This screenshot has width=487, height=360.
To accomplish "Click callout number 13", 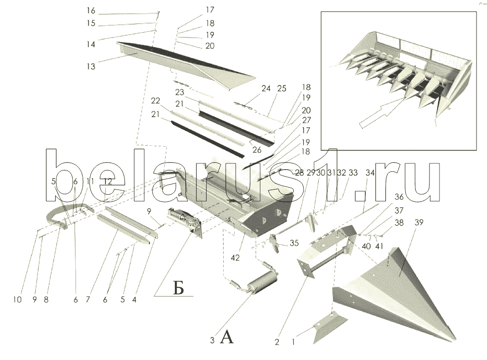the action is click(91, 66).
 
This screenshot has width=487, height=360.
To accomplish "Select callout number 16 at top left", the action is click(91, 11).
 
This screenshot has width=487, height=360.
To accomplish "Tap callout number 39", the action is click(419, 223).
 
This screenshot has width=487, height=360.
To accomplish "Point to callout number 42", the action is click(235, 257).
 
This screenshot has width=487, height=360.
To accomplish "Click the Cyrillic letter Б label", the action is click(178, 289).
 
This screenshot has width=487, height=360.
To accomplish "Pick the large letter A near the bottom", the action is click(227, 337).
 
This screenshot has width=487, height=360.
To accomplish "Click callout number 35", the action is click(294, 243).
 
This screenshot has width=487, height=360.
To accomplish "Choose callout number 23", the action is click(180, 92).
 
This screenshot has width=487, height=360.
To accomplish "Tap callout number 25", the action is click(282, 88).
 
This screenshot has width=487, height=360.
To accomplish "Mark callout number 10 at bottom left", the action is click(18, 300).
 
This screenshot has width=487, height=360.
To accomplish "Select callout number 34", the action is click(370, 173).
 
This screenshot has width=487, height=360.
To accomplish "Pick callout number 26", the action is click(257, 150).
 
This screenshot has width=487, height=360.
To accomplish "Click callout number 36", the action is click(399, 197).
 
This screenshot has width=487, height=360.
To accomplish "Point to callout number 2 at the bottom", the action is click(277, 342).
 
